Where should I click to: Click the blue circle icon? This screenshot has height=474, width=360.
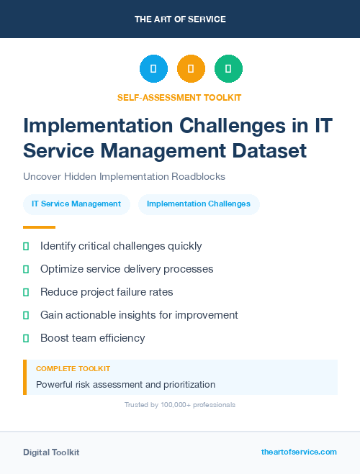(x=153, y=69)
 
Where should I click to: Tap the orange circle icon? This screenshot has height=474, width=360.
(x=191, y=69)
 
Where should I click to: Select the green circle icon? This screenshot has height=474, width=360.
(x=228, y=69)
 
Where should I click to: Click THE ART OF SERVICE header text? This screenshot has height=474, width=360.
(x=180, y=19)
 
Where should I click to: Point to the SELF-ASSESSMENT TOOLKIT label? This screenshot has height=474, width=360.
(x=179, y=97)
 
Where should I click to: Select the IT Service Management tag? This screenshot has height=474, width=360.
(x=76, y=204)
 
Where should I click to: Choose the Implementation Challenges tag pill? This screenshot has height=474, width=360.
(x=199, y=204)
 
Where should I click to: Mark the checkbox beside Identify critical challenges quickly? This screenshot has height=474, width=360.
(x=26, y=246)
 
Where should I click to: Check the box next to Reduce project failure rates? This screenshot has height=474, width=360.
(x=26, y=292)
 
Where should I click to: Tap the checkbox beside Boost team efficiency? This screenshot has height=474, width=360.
(x=26, y=338)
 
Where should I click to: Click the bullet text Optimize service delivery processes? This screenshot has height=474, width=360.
(x=127, y=269)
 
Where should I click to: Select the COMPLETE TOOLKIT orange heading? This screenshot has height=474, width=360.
(x=73, y=368)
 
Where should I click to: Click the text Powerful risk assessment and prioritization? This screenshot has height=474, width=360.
(x=125, y=384)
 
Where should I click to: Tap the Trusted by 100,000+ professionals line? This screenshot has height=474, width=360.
(x=180, y=405)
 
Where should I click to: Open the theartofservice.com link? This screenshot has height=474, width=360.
(x=299, y=452)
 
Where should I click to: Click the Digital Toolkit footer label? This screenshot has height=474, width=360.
(x=51, y=452)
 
